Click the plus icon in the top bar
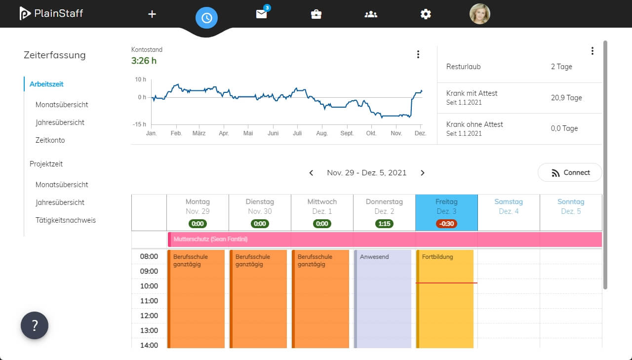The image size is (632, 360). coord(152,14)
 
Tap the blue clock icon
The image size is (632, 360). coord(206,18)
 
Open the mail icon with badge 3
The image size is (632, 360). coord(262,13)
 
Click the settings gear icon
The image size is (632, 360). coord(426,14)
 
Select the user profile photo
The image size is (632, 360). coord(479,14)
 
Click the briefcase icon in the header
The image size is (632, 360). coord(316,14)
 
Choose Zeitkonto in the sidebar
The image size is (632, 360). coord(50,140)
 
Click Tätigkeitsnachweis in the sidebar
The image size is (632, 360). coord(66,220)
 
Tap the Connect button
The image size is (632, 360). coord(570,173)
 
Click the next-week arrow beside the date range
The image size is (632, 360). coord(422,173)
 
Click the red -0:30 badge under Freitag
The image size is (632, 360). coord(446,224)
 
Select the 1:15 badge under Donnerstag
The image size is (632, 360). coord(384,224)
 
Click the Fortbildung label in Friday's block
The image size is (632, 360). coord(437,257)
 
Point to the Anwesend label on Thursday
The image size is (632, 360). coord(374,257)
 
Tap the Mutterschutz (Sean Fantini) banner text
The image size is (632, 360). coord(210,239)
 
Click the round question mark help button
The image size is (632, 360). coord(35,325)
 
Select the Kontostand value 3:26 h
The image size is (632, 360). coord(144,61)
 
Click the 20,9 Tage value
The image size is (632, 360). coord(566,98)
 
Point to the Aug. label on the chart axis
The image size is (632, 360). coord(322,133)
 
